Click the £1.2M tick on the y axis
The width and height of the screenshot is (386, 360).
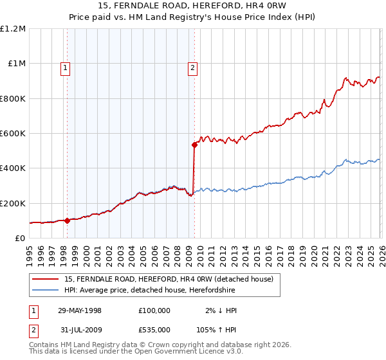pyautogui.click(x=13, y=29)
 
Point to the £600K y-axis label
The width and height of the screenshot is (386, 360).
pyautogui.click(x=13, y=134)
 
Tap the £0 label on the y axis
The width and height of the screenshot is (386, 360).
pyautogui.click(x=20, y=238)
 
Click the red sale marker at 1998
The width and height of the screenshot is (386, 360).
pyautogui.click(x=68, y=221)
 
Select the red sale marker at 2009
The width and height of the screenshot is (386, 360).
pyautogui.click(x=194, y=145)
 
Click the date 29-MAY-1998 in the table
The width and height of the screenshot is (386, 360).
pyautogui.click(x=80, y=310)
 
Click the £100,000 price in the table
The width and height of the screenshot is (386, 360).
pyautogui.click(x=154, y=310)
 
